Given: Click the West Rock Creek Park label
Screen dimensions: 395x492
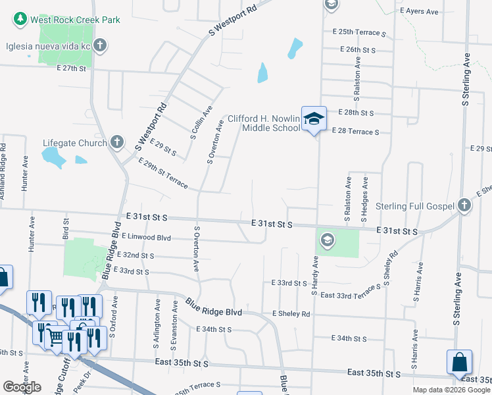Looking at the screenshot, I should click(x=75, y=20).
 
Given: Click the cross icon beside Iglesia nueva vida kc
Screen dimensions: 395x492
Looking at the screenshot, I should click(x=100, y=45).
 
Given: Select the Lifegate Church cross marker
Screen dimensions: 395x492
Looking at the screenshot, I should click(x=116, y=142).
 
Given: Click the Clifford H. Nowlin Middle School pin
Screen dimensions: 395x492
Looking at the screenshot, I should click(x=314, y=119).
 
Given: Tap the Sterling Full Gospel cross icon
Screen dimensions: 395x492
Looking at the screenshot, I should click(x=464, y=206).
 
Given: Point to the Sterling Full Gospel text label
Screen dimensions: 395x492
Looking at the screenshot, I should click(x=415, y=207).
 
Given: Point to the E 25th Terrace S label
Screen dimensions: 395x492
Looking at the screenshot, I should click(x=359, y=32).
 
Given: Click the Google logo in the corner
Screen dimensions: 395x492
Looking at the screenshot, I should click(x=22, y=387).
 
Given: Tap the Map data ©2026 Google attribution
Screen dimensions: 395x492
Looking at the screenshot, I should click(x=451, y=390).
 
